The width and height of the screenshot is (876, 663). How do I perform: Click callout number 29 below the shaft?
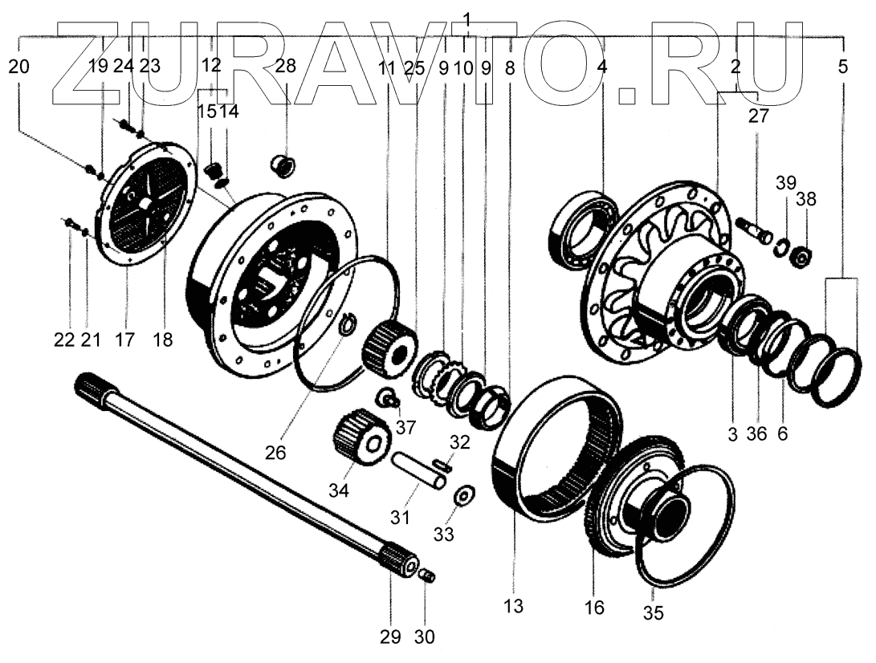coord(389,637)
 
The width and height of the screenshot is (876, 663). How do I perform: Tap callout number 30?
coord(424,637)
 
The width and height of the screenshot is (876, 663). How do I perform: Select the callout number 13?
coord(514,606)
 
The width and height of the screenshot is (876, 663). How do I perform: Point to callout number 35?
coord(654,614)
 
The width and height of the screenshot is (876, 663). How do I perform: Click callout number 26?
coord(275,453)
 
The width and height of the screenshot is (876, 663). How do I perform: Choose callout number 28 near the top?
coord(285,67)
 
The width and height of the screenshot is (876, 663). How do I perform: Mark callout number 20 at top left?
coord(20,67)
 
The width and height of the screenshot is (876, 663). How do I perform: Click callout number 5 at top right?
coord(841,67)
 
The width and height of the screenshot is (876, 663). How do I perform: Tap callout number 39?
coord(786,183)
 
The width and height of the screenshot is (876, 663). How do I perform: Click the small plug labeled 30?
coord(428,575)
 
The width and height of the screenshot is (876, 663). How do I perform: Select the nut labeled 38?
coord(799,258)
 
